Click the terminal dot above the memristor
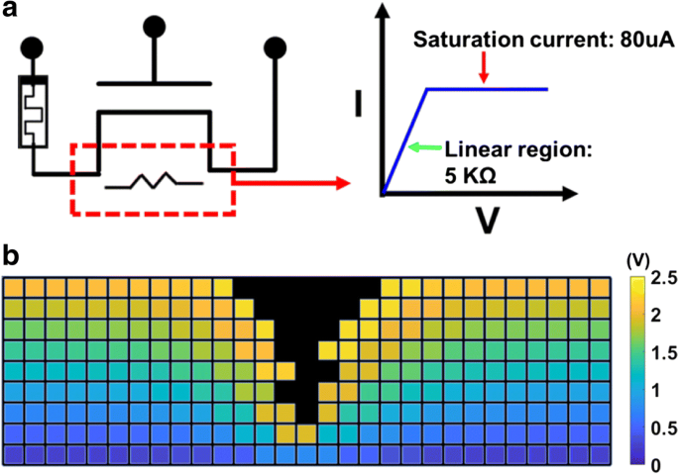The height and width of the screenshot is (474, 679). pyautogui.click(x=34, y=46)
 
